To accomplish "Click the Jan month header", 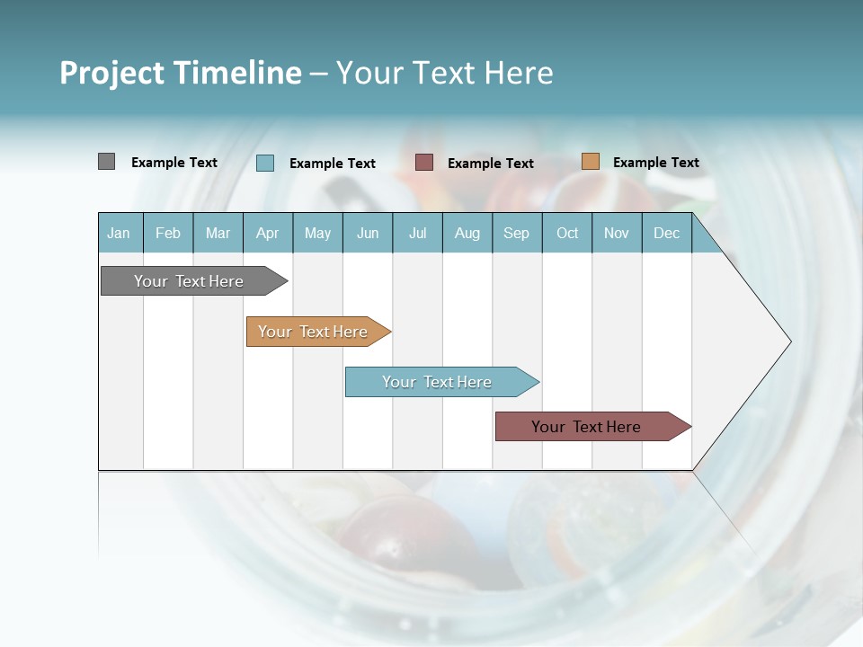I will pyautogui.click(x=119, y=233).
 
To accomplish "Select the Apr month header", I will pyautogui.click(x=268, y=233).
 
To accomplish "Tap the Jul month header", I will pyautogui.click(x=417, y=233).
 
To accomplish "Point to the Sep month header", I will pyautogui.click(x=516, y=233).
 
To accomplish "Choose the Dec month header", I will pyautogui.click(x=666, y=233).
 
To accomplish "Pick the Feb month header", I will pyautogui.click(x=168, y=233).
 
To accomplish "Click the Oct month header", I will pyautogui.click(x=567, y=233).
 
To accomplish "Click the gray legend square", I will pyautogui.click(x=106, y=162).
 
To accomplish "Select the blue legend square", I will pyautogui.click(x=265, y=163).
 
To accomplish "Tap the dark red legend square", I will pyautogui.click(x=424, y=163).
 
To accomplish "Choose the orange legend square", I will pyautogui.click(x=590, y=162).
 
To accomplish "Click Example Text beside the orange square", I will pyautogui.click(x=655, y=163).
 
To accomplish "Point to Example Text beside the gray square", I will pyautogui.click(x=174, y=163).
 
